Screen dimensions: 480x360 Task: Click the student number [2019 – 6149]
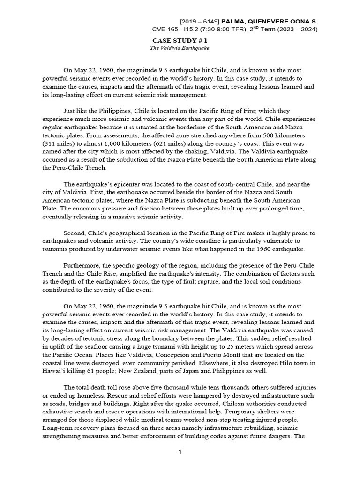(203, 22)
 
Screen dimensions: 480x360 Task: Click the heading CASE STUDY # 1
(180, 41)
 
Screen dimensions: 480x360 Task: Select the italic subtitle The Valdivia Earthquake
(180, 48)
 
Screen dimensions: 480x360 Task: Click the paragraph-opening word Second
(75, 233)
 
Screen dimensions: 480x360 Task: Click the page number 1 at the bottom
(180, 451)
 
